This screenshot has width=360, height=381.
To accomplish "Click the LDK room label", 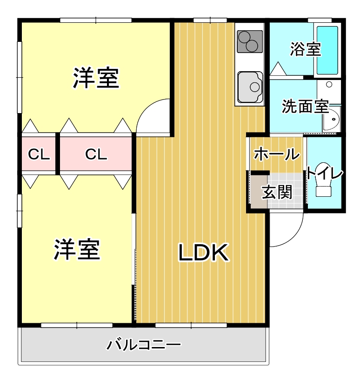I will [203, 253].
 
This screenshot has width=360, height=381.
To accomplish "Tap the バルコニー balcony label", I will [144, 345].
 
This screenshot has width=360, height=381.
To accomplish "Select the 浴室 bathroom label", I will [305, 49].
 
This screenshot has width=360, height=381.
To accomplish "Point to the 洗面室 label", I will [305, 107].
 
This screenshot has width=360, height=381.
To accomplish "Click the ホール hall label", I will [277, 154].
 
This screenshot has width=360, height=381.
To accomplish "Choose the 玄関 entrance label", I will [277, 192].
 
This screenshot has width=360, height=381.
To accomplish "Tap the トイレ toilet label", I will [325, 173].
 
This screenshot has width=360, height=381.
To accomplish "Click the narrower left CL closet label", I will [39, 154].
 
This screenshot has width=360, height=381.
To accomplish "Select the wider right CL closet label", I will [96, 154].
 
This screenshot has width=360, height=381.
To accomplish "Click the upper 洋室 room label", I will [96, 78].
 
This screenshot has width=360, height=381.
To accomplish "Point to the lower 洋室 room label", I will [77, 250].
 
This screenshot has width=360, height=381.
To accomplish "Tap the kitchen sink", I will [250, 87].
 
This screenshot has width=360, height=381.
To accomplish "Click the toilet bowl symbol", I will [323, 187].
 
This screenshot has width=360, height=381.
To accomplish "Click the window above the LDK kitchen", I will [210, 20].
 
